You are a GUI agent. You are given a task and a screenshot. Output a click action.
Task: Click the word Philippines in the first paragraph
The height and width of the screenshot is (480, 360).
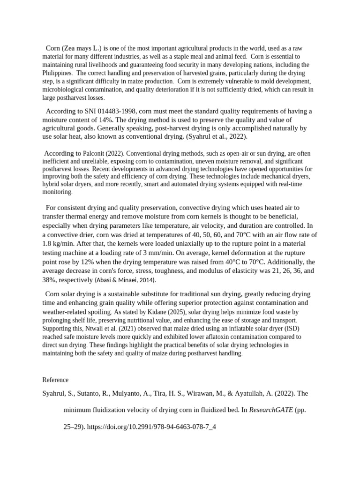[57, 73]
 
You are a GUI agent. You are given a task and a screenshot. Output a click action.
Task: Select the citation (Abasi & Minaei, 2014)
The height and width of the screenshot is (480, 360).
[126, 280]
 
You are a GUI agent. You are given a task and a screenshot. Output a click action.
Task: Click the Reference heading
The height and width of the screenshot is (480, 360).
[55, 380]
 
